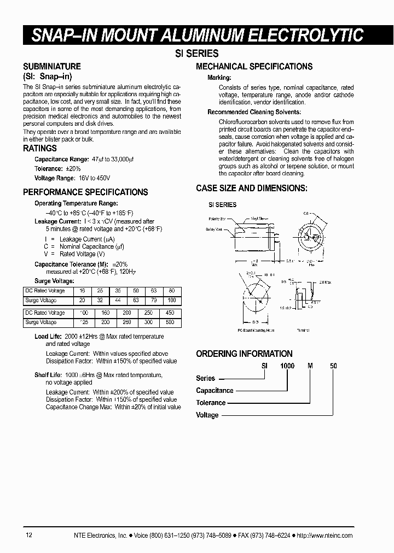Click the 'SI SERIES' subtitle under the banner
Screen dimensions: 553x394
[196, 54]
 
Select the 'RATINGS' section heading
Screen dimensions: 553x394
[40, 148]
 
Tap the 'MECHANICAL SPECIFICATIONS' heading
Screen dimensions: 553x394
[254, 67]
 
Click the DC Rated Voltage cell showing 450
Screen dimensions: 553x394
[170, 313]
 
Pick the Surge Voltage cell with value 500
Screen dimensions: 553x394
[170, 322]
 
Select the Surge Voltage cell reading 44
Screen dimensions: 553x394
[118, 301]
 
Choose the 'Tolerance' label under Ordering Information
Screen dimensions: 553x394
[211, 403]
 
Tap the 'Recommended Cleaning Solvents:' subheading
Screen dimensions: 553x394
[254, 112]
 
